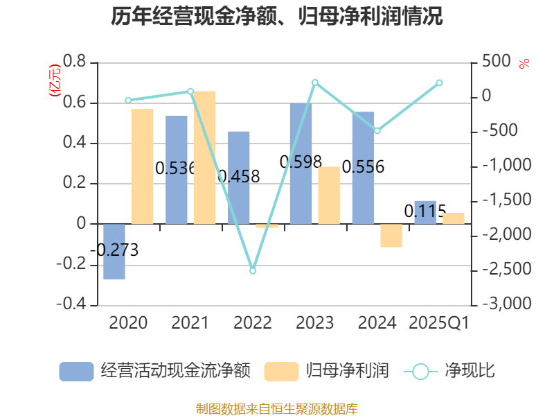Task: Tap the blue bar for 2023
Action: [x=301, y=164]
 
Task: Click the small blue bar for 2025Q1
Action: [x=425, y=212]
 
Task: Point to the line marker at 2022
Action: [x=253, y=270]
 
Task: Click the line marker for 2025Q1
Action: [x=439, y=83]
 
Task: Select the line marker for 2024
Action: [x=377, y=130]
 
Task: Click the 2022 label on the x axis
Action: [x=253, y=323]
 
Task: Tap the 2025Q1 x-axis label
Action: [x=439, y=323]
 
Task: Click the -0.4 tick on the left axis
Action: [x=71, y=304]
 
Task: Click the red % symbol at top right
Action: [x=524, y=64]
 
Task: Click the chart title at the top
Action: [x=277, y=17]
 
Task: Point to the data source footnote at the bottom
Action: [x=277, y=408]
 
